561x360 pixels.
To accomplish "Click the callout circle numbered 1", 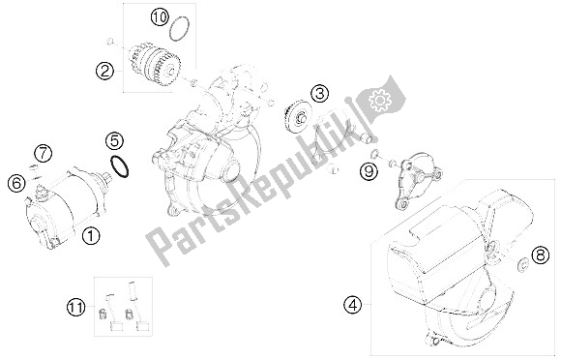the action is [91, 236].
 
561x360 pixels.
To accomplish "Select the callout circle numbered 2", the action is [104, 72].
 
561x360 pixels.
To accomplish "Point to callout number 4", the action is [353, 305].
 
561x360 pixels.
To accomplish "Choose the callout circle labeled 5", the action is [114, 141].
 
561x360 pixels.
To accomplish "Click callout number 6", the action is [16, 184].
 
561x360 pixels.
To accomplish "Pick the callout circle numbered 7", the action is [43, 154].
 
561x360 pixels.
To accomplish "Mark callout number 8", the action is [540, 255].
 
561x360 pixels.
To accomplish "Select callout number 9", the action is [369, 171].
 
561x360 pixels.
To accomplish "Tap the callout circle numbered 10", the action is [160, 16].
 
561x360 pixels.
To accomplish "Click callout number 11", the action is [76, 308].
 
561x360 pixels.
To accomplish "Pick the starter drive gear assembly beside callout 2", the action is [155, 64].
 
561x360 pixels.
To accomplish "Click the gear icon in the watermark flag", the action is [380, 100].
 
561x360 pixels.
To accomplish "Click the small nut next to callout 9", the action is [374, 154].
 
